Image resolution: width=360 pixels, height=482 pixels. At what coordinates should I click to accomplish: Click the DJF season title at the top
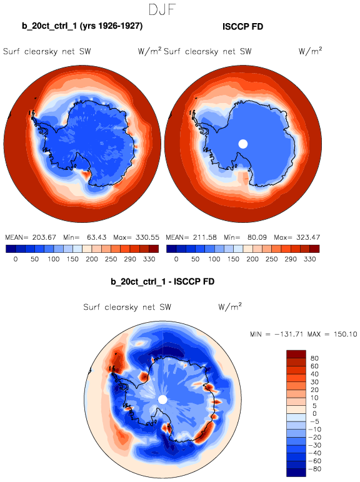(162, 9)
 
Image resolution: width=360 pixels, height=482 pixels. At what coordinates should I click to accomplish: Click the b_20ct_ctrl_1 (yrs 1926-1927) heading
(82, 26)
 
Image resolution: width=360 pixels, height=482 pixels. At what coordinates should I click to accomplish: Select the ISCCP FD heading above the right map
(242, 27)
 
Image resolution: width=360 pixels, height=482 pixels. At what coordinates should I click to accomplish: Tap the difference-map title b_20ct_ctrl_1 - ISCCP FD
(162, 282)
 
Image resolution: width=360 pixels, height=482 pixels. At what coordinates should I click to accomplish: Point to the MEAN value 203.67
(44, 237)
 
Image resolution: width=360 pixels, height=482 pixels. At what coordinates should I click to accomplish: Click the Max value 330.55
(147, 237)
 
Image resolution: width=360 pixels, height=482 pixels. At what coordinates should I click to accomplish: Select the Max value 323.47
(307, 237)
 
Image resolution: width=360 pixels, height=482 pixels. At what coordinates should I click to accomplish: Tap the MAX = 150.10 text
(332, 334)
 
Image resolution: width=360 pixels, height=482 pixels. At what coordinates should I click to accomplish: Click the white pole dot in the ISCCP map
(243, 144)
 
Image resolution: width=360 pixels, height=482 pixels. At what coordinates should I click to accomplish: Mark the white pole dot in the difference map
(162, 400)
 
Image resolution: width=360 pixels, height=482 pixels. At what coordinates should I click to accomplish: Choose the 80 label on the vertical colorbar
(314, 358)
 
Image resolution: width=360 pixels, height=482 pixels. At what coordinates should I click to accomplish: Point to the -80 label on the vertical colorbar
(314, 469)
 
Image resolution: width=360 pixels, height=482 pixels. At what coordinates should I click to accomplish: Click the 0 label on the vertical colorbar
(314, 413)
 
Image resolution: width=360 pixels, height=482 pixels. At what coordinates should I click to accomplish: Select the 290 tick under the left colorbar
(130, 259)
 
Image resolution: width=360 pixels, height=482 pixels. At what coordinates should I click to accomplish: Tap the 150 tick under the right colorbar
(233, 259)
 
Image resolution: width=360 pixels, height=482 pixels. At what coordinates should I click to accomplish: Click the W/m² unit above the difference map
(230, 306)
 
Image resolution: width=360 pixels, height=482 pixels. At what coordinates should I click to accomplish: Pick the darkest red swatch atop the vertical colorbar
(296, 354)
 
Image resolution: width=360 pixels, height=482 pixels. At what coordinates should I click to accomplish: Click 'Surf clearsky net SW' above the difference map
(127, 307)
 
